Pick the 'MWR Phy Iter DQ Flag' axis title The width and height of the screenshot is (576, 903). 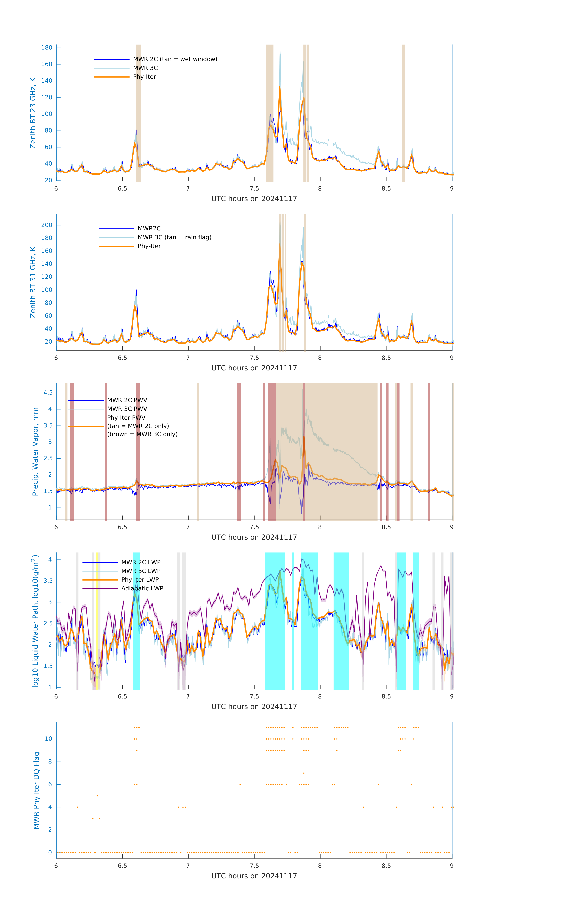click(x=36, y=790)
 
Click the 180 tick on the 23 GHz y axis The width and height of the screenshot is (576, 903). click(x=47, y=48)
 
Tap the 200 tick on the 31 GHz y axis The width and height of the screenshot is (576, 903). click(x=47, y=225)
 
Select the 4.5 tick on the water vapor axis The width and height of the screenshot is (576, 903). click(x=48, y=393)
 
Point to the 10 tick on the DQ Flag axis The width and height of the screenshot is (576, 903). click(x=48, y=739)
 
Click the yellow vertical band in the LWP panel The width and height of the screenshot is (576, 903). click(x=97, y=621)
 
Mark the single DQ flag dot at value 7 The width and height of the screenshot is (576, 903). click(x=304, y=773)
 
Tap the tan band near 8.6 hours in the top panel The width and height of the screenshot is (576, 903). click(x=403, y=113)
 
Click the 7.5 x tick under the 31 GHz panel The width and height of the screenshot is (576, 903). click(x=254, y=358)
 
